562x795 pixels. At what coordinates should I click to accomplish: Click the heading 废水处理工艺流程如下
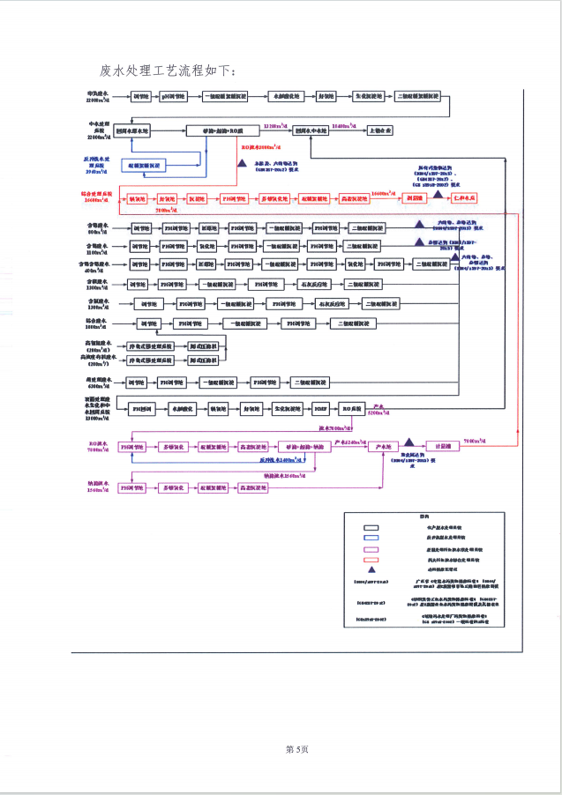point(169,70)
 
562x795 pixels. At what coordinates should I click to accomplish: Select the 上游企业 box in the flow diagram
point(381,130)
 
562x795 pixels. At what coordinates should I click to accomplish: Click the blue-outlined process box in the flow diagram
point(144,165)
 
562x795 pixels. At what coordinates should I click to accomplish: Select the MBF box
point(320,409)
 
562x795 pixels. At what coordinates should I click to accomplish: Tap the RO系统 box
point(352,409)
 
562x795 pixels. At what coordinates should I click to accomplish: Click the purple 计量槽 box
point(438,447)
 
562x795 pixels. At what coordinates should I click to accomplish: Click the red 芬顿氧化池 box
point(273,199)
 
